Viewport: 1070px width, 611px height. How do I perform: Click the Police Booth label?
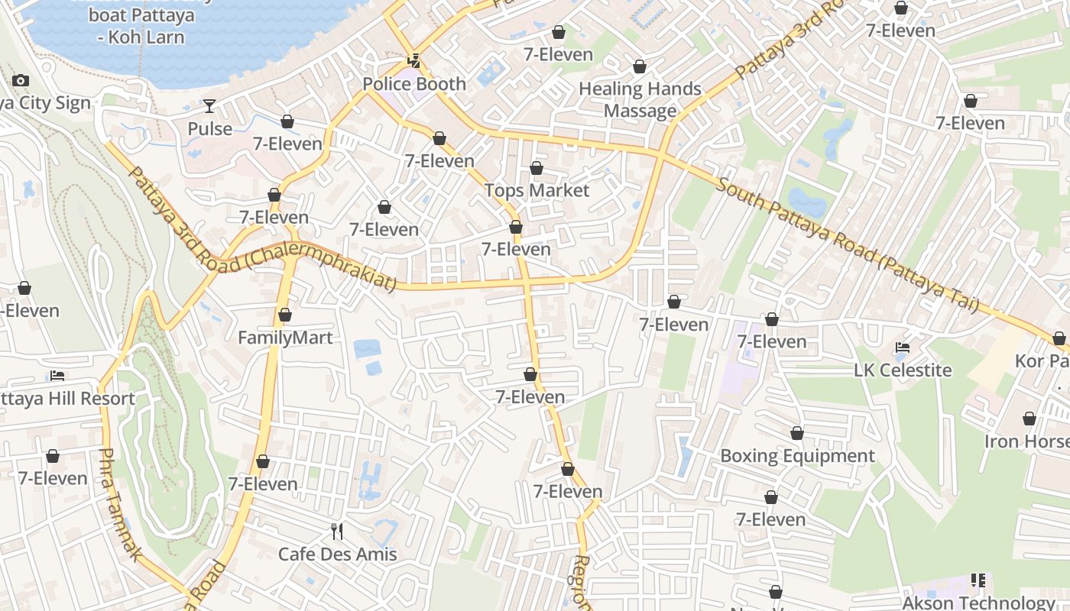(x=414, y=84)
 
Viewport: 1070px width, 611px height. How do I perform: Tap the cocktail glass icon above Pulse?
(x=209, y=106)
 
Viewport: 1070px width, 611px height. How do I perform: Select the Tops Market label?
(x=537, y=190)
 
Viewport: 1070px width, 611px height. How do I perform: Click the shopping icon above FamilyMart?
(x=285, y=315)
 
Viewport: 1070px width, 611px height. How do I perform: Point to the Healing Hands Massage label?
(x=640, y=99)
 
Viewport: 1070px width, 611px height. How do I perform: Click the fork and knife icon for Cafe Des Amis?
(x=337, y=531)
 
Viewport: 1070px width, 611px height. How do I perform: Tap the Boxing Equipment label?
(x=797, y=456)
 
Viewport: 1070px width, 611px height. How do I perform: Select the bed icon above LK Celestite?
(x=903, y=348)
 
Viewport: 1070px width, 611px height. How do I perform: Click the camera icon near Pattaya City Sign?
(x=21, y=80)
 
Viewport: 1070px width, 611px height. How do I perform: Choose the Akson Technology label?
(x=978, y=603)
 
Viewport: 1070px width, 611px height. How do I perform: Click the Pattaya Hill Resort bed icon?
(x=57, y=375)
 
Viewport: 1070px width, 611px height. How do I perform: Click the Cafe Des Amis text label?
(x=337, y=554)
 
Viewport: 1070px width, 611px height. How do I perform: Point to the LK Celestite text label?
(x=903, y=370)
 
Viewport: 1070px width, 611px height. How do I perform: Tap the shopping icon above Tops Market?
(x=537, y=168)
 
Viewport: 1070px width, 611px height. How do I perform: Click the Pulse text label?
(x=209, y=128)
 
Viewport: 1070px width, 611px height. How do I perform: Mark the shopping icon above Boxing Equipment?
(x=797, y=434)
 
